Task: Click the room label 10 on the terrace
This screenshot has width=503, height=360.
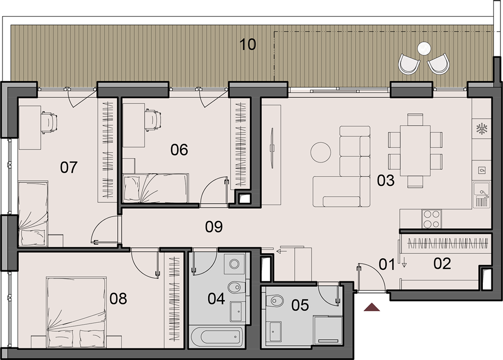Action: click(x=247, y=44)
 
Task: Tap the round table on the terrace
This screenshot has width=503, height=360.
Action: click(x=424, y=49)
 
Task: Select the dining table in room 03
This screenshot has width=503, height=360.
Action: click(x=415, y=151)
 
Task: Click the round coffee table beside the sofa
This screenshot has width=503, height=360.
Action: click(x=320, y=153)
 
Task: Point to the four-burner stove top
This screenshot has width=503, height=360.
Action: click(x=432, y=219)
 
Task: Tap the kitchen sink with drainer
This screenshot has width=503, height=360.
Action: click(x=481, y=195)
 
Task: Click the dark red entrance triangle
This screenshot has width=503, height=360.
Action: click(x=372, y=307)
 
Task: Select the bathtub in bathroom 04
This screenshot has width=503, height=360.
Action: click(x=216, y=336)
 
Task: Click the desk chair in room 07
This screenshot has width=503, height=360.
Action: click(x=49, y=122)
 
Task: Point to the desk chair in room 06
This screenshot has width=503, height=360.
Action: click(x=153, y=120)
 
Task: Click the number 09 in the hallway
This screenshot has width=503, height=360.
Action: click(x=214, y=227)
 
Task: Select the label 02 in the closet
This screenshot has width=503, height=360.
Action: click(x=442, y=264)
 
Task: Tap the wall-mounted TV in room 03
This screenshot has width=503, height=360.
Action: click(x=272, y=148)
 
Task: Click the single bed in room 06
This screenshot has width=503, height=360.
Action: click(x=155, y=188)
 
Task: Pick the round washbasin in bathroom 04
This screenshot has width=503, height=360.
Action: click(x=234, y=264)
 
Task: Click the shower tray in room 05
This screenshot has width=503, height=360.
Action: click(x=328, y=330)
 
